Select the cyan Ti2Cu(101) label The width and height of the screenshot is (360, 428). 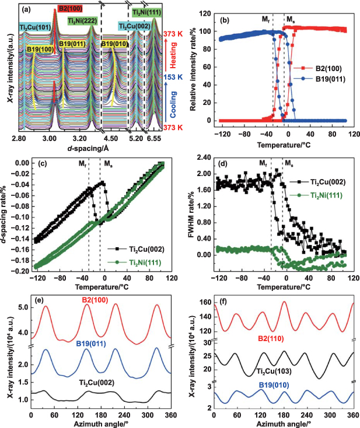point(34,27)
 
